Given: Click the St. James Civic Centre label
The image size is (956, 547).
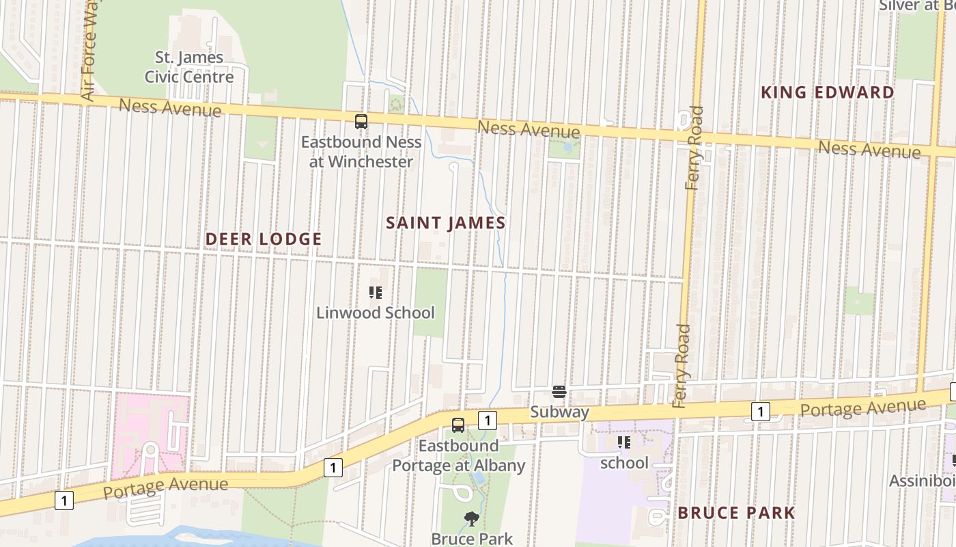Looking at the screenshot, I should tap(188, 67).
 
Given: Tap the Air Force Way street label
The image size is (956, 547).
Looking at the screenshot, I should tap(90, 49).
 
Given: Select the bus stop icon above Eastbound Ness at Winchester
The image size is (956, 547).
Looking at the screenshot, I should tap(361, 122).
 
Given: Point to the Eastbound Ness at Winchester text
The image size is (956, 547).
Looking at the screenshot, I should tap(361, 152).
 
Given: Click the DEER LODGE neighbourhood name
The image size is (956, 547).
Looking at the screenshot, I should tap(264, 239).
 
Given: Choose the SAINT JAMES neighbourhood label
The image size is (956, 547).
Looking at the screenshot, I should tap(445, 223).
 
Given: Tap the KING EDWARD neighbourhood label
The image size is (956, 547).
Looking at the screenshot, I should tap(828, 92).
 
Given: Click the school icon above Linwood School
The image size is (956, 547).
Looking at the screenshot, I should tap(375, 293).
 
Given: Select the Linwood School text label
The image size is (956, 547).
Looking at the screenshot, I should tap(375, 313).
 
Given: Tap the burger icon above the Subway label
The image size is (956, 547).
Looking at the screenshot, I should tap(559, 392).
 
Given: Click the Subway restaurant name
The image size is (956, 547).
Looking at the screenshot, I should tap(559, 412).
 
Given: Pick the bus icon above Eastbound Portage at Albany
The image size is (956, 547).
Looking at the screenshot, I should tap(458, 424).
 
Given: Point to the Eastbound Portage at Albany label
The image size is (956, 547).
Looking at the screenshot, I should tap(458, 456).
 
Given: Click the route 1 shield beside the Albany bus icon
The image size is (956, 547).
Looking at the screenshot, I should tap(487, 419).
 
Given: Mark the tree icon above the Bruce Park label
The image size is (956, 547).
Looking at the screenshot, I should tap(470, 519).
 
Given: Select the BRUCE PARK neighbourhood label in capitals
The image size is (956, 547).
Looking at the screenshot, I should tap(736, 513).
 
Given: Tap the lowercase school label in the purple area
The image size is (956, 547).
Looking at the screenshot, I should tap(624, 464).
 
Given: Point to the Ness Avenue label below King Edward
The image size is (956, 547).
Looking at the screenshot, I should tap(869, 148).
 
